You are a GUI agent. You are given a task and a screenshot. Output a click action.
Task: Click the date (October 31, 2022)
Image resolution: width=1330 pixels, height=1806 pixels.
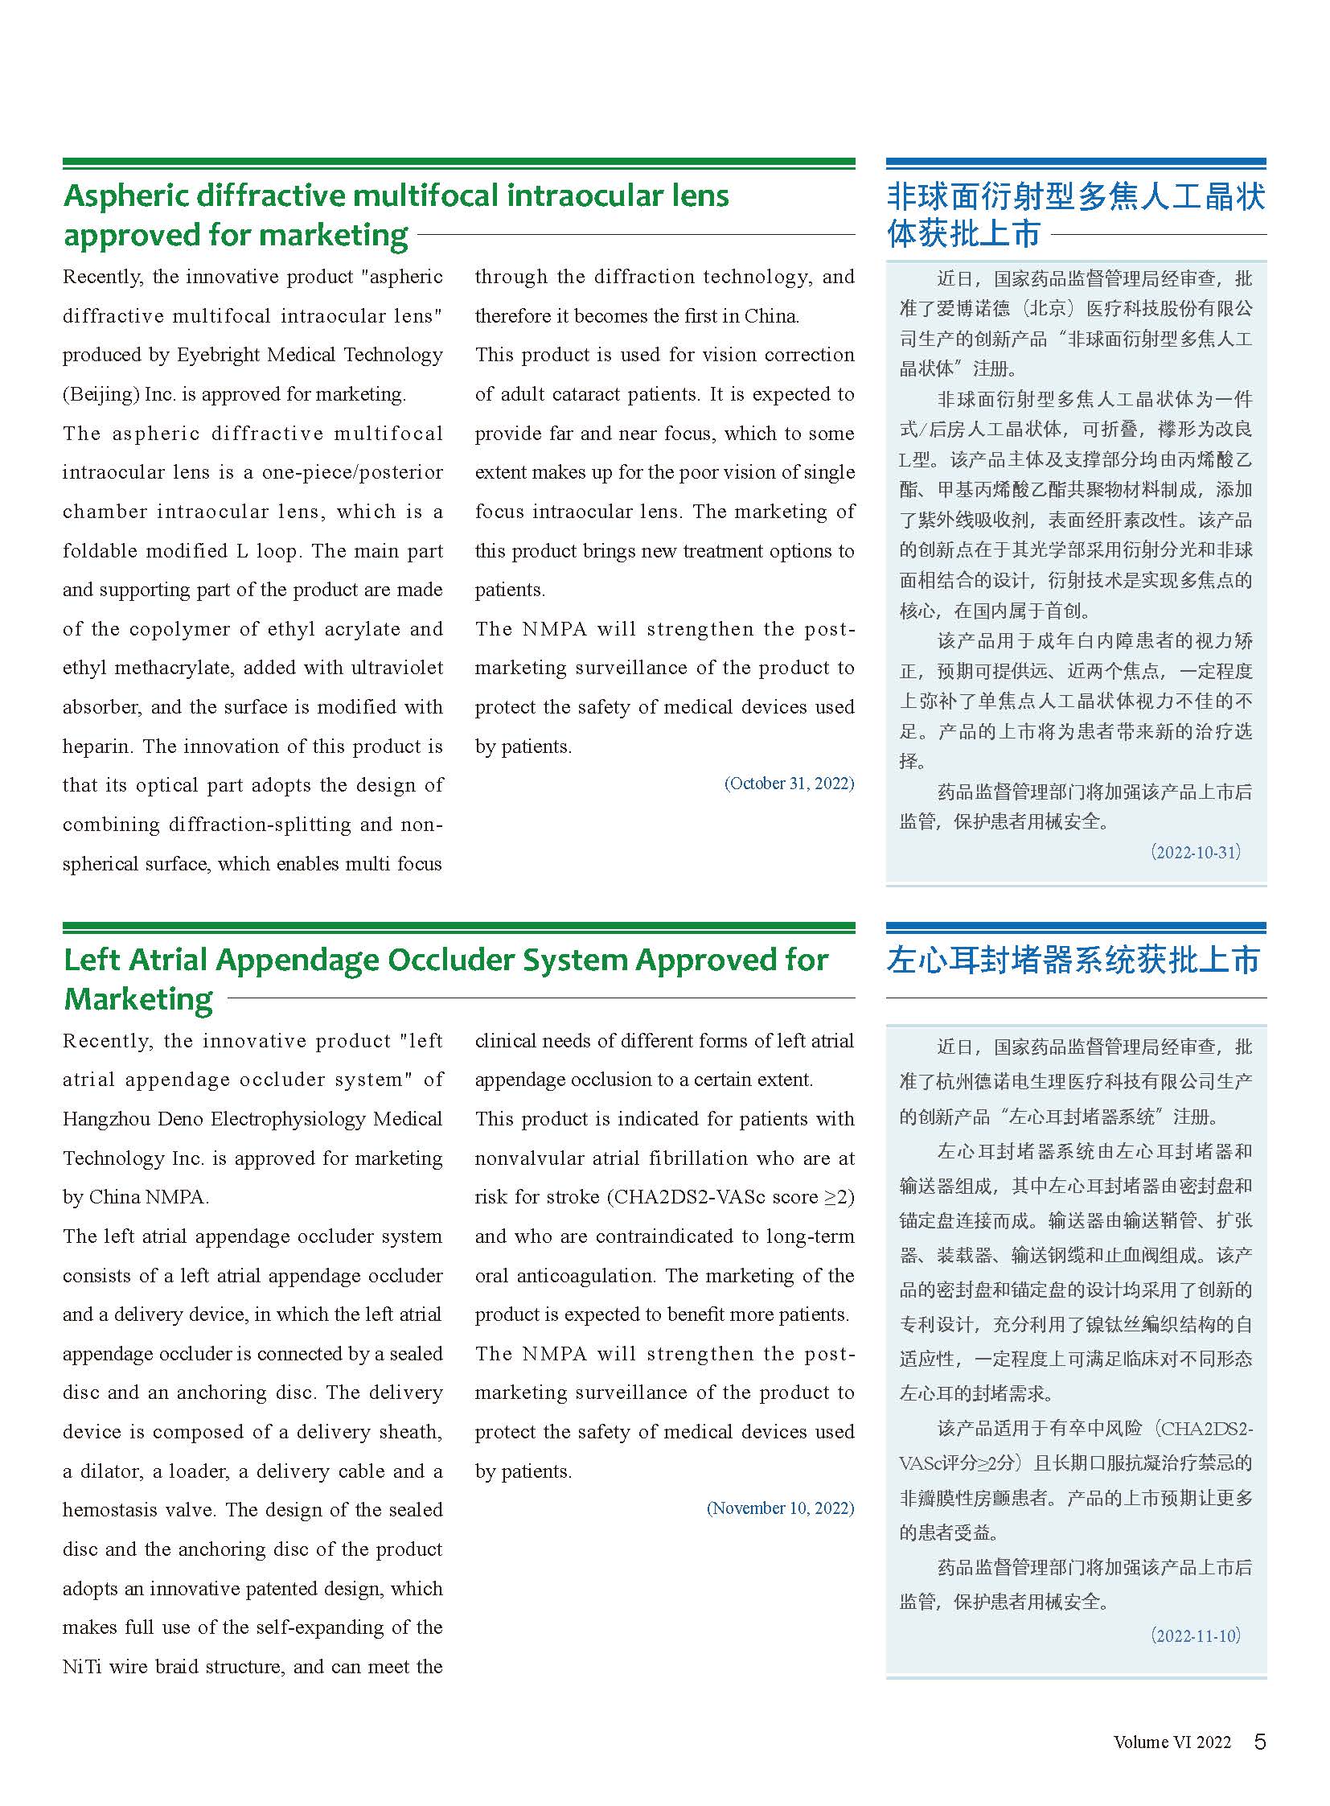pyautogui.click(x=789, y=783)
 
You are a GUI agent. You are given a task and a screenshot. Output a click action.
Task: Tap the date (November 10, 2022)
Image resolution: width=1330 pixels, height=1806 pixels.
pyautogui.click(x=780, y=1508)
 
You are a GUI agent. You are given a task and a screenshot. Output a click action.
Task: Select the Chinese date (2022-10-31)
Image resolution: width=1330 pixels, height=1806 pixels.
pyautogui.click(x=1196, y=852)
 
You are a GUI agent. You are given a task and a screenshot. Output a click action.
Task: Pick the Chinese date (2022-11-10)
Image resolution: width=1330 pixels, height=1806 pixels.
pyautogui.click(x=1196, y=1635)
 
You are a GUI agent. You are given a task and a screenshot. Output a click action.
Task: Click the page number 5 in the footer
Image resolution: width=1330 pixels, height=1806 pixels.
pyautogui.click(x=1260, y=1742)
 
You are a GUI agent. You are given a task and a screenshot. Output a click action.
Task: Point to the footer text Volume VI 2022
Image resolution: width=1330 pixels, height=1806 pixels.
pyautogui.click(x=1172, y=1742)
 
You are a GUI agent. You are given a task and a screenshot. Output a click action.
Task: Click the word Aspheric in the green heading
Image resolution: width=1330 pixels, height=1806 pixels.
pyautogui.click(x=125, y=195)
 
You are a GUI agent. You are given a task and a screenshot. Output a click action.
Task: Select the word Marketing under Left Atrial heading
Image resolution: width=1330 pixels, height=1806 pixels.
pyautogui.click(x=138, y=1000)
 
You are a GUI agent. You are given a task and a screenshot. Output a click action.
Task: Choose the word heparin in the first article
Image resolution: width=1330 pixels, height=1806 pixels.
pyautogui.click(x=96, y=747)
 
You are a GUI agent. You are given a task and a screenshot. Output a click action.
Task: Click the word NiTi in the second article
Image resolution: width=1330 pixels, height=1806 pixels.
pyautogui.click(x=82, y=1667)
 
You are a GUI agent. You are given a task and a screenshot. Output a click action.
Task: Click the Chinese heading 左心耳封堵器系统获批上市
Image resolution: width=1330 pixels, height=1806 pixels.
pyautogui.click(x=1074, y=961)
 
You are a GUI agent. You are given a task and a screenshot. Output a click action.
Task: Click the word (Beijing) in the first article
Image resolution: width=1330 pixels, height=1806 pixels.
pyautogui.click(x=100, y=395)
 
